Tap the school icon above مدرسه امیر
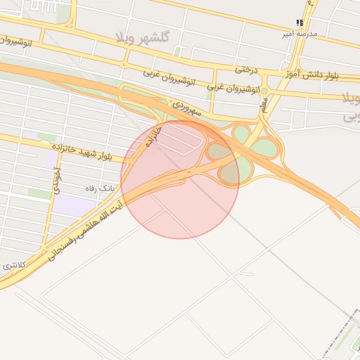300,22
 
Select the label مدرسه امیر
300,33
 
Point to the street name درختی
246,70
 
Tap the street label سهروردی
189,108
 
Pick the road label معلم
264,105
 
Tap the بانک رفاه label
99,188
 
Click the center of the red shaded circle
180,179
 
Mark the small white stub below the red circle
245,273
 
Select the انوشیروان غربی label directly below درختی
235,89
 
